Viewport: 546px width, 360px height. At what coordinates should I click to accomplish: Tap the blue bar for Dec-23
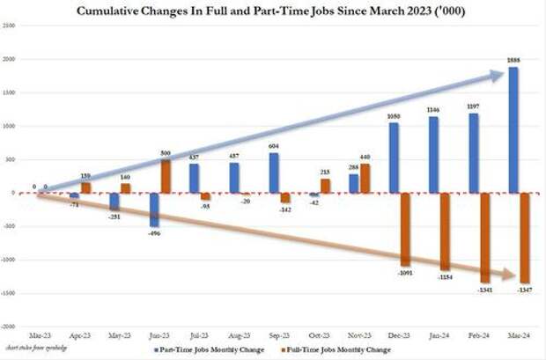[x=393, y=158]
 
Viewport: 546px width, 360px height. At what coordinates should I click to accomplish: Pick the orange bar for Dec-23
[x=405, y=229]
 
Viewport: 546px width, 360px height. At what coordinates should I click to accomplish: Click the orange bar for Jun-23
[x=166, y=176]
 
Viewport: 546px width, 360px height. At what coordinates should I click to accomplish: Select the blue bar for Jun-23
[x=154, y=209]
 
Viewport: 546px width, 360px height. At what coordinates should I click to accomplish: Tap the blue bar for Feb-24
[x=474, y=152]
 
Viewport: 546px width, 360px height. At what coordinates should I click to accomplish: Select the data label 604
[x=274, y=146]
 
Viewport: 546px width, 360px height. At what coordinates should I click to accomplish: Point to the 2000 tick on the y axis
[x=9, y=60]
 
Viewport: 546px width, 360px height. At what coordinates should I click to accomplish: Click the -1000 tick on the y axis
[x=9, y=259]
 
